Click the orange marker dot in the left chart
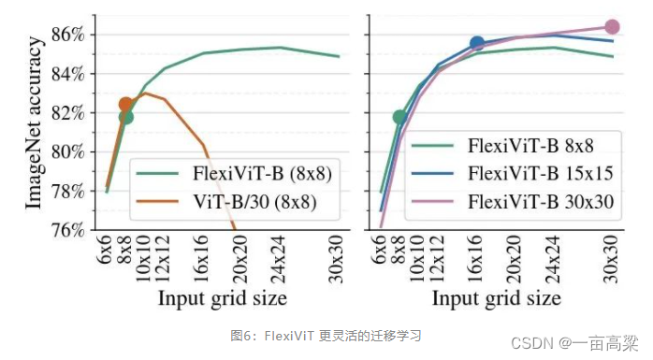point(125,104)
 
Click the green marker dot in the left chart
point(125,117)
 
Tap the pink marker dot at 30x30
point(612,27)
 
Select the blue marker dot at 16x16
point(477,43)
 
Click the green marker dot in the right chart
point(399,117)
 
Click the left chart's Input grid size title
point(222,297)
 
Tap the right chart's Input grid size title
point(496,297)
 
